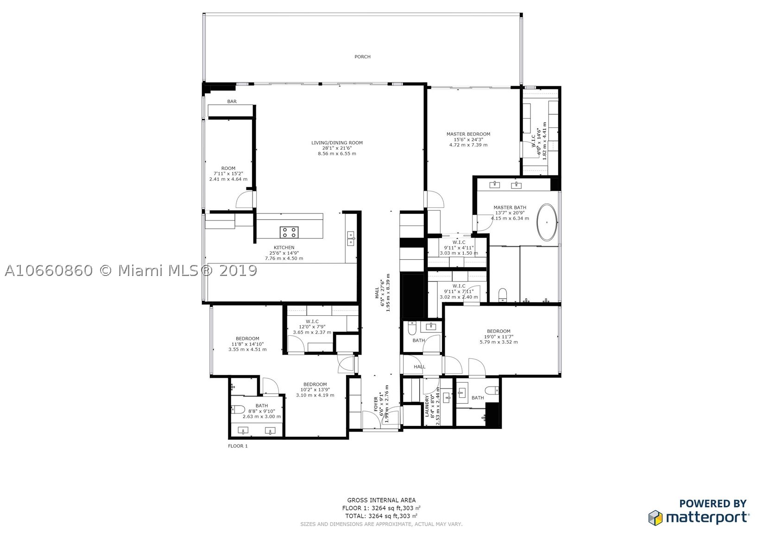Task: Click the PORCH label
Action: [x=362, y=56]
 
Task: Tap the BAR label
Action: [x=232, y=101]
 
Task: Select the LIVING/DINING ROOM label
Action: [x=337, y=143]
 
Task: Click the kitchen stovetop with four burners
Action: [x=289, y=232]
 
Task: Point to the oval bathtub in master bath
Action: [x=547, y=223]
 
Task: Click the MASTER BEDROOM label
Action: [x=468, y=134]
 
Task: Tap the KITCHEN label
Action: [x=284, y=248]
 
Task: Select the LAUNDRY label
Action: [x=427, y=406]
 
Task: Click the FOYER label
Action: [x=376, y=404]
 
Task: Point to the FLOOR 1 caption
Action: [x=238, y=446]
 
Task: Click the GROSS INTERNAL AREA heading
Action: [x=382, y=500]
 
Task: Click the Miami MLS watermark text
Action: [x=131, y=271]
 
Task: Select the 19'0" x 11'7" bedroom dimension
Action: [x=498, y=336]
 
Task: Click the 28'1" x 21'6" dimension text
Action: [x=337, y=148]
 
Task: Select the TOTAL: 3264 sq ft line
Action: [x=382, y=516]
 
